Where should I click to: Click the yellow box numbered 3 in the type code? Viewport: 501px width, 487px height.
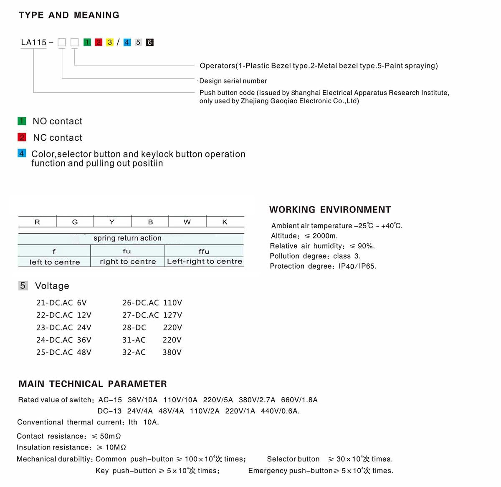point(110,42)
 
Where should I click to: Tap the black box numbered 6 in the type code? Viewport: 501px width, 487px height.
point(150,42)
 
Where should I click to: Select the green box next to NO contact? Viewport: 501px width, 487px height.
point(22,121)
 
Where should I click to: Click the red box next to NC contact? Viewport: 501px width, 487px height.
point(22,137)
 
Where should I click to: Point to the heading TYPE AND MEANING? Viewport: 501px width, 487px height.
point(69,15)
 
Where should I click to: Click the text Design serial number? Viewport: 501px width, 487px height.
point(233,81)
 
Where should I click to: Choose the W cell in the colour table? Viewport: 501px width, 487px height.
point(187,222)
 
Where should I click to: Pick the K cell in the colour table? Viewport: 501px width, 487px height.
point(225,222)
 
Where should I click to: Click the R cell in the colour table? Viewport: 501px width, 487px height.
point(37,222)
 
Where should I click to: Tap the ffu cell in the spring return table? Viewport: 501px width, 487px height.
point(204,251)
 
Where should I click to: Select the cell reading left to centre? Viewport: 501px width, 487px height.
point(54,262)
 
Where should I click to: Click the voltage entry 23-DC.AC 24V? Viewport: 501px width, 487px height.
point(63,328)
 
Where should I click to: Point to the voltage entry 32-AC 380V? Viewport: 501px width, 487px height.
point(152,352)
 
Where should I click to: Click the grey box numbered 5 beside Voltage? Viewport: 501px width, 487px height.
point(23,286)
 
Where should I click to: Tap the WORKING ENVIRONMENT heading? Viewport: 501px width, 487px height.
point(330,209)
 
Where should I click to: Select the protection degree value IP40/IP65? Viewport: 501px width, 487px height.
point(357,266)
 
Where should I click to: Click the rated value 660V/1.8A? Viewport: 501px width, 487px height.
point(299,400)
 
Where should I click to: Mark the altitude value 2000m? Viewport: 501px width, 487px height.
point(325,236)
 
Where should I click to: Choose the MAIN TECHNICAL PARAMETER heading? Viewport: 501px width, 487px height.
point(92,384)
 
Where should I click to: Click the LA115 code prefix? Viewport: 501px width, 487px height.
point(34,42)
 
